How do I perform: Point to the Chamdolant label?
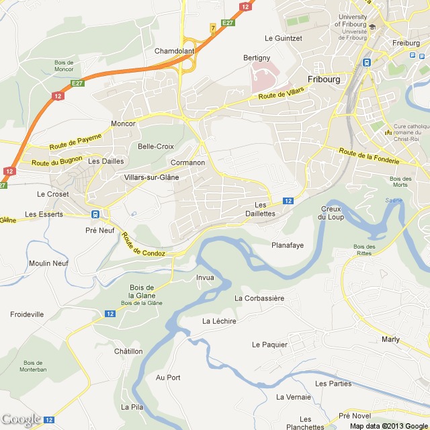coord(174,51)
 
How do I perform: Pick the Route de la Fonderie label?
coord(369,157)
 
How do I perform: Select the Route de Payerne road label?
coord(75,142)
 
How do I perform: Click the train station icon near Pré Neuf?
coord(95,214)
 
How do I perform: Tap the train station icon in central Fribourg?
coord(367,62)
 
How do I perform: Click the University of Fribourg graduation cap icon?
coord(372,26)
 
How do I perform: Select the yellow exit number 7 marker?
coord(213,28)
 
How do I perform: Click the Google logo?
coord(21,419)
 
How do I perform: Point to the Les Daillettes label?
coord(265,209)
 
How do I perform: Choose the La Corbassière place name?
coord(259,298)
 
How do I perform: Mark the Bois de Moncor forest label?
coord(64,66)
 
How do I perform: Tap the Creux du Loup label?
coord(331,213)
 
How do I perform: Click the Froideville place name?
coord(27,314)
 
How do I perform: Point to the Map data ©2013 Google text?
coord(387,425)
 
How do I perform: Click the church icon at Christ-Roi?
coord(387,132)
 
